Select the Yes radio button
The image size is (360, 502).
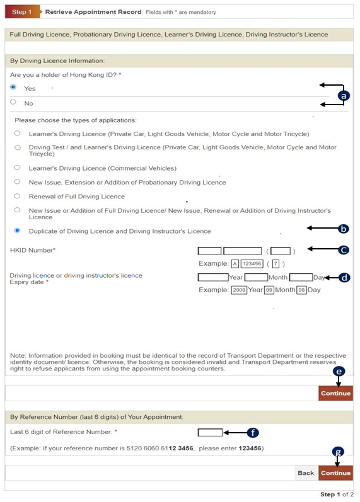point(13,87)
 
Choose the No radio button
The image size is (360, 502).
point(13,102)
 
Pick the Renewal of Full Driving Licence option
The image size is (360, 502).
point(17,196)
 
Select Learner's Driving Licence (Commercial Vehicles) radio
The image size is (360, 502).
point(17,168)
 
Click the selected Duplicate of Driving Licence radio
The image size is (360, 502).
point(17,231)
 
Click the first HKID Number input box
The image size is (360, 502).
point(209,251)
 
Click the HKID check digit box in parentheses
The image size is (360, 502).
point(281,251)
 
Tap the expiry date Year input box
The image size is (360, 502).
point(213,277)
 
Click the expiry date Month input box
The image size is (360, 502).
point(256,277)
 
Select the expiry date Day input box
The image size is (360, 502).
point(301,277)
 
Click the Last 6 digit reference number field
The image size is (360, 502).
point(210,433)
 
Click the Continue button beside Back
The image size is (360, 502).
point(335,473)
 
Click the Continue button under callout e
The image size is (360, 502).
point(335,393)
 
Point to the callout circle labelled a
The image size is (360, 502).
point(344,96)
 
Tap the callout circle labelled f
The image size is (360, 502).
point(253,433)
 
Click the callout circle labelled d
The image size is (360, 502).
point(344,278)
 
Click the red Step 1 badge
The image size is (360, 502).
point(22,12)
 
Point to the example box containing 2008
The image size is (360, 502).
point(239,290)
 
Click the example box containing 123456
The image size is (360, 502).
point(252,264)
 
